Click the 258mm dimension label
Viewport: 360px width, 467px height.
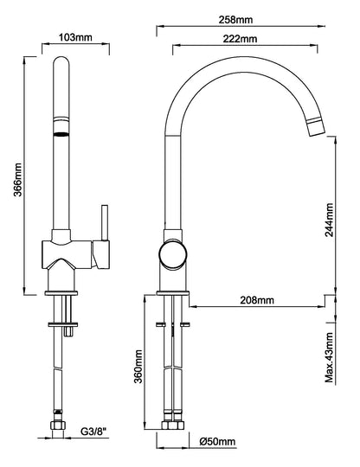(x=235, y=20)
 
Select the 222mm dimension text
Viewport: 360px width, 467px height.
(x=240, y=39)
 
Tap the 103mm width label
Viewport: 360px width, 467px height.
(x=75, y=37)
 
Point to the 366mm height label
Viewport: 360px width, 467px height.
(x=18, y=180)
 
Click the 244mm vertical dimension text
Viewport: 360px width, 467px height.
(x=329, y=220)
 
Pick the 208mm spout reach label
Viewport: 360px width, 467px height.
(x=257, y=300)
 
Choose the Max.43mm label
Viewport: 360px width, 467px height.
(x=329, y=357)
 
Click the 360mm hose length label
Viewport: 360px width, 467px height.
(x=138, y=367)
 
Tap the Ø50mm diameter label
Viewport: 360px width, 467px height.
(x=217, y=441)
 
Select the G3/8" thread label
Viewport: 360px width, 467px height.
(x=93, y=431)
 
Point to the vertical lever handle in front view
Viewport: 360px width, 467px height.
(x=105, y=223)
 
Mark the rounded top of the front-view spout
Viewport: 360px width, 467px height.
(x=61, y=61)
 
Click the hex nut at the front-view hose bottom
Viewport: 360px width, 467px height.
(x=57, y=425)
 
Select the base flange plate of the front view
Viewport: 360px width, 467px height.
(x=61, y=293)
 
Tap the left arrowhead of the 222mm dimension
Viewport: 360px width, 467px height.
(x=177, y=46)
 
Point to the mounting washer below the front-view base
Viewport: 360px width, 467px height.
(x=62, y=324)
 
